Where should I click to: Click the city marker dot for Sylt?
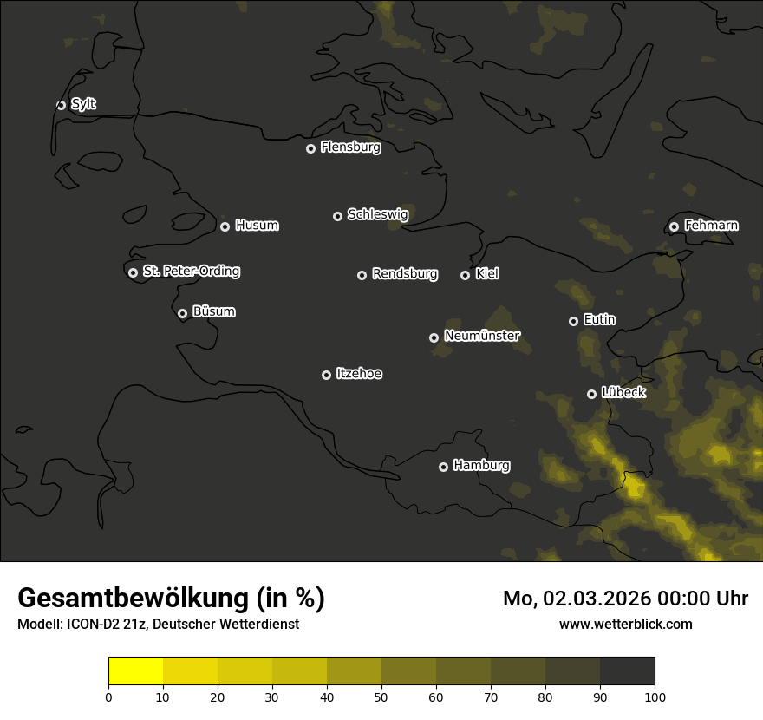(x=61, y=105)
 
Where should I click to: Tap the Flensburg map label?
(x=350, y=147)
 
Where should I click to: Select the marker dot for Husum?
(x=225, y=226)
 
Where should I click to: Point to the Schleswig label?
(x=377, y=214)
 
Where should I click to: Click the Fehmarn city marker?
(x=674, y=226)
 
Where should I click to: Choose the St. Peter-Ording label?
(x=191, y=272)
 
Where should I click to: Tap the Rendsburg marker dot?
(x=362, y=275)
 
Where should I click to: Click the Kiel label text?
(x=487, y=274)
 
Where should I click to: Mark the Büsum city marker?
(x=182, y=314)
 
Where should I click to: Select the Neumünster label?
(x=482, y=336)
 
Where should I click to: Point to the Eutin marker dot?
(x=573, y=321)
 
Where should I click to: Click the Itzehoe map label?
(x=359, y=374)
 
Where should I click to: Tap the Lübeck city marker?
(x=591, y=394)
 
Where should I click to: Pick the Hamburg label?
(x=481, y=466)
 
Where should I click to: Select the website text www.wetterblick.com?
(x=625, y=624)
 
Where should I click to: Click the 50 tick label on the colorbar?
(x=381, y=696)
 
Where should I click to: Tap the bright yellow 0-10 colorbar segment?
(x=135, y=671)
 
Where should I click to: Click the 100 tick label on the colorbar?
(x=655, y=696)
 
